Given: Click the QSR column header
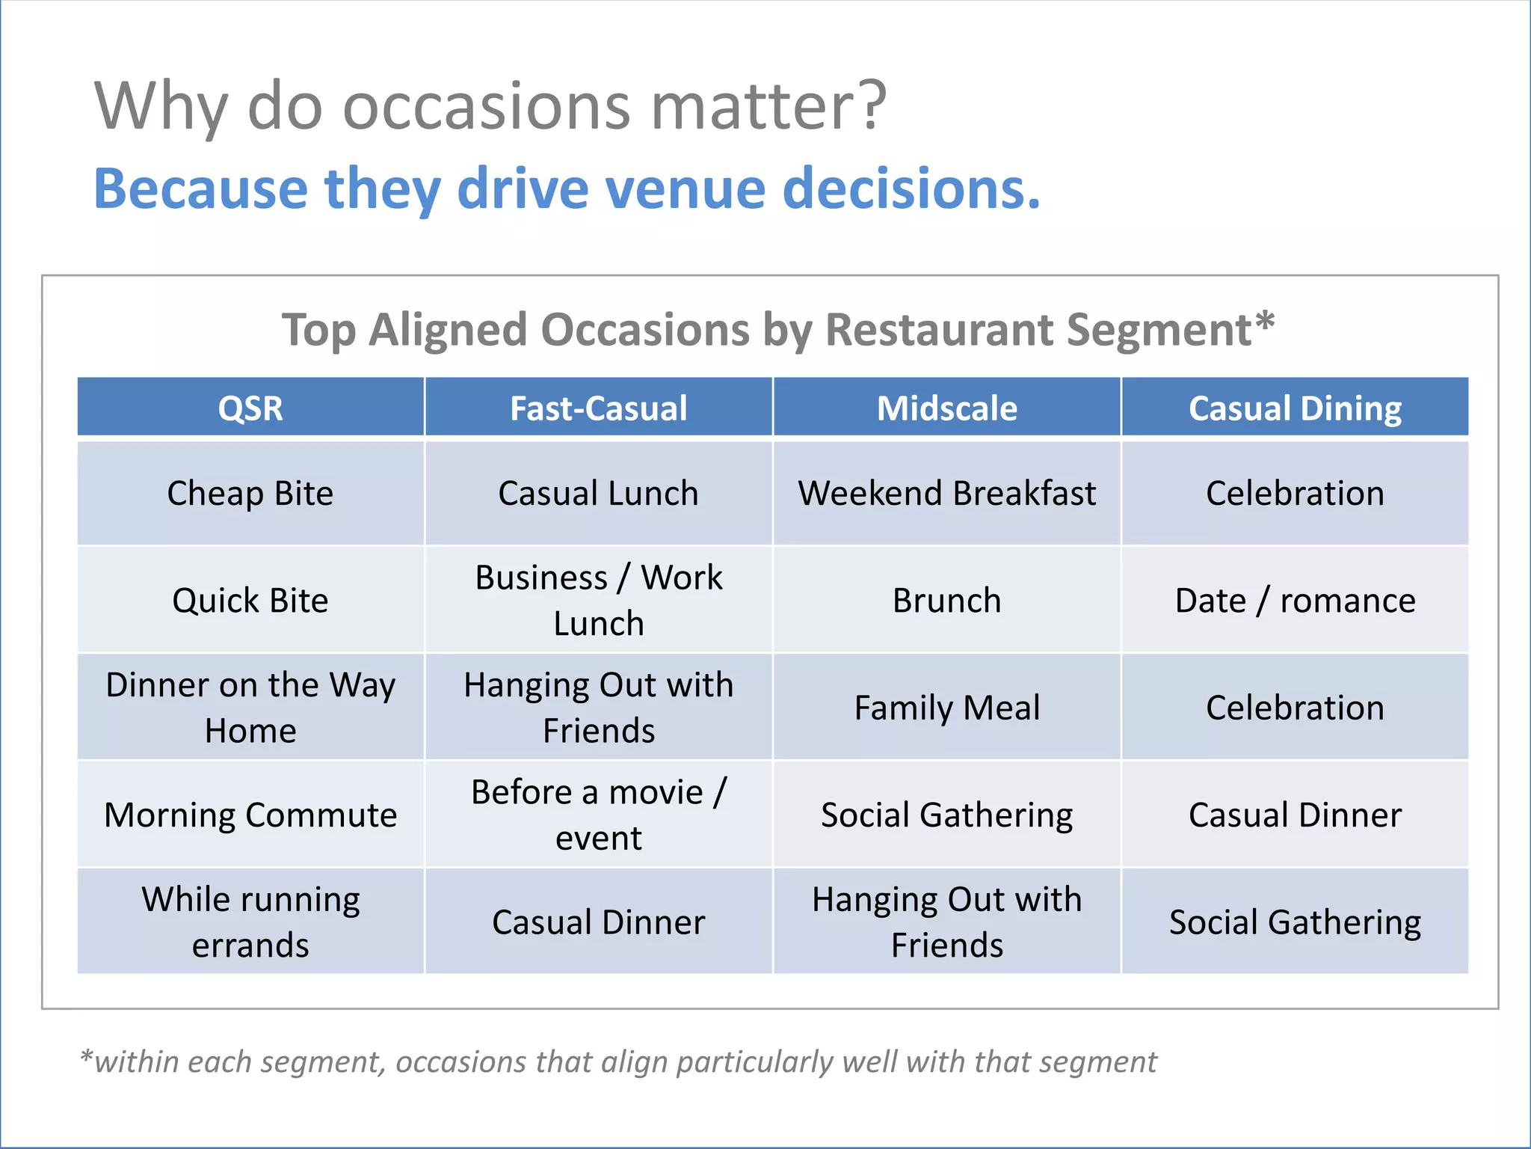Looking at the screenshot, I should point(250,408).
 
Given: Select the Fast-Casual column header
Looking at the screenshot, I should point(598,408).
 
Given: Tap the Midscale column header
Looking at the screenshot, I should point(946,408).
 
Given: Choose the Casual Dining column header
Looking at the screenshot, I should point(1295,408).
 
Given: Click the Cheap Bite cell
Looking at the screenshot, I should point(250,494).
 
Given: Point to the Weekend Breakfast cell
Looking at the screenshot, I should point(946,494).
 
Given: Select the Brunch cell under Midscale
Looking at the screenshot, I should point(946,601).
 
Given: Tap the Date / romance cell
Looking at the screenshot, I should point(1295,601).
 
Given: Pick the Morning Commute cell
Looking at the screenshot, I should point(250,815).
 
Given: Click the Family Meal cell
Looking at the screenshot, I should point(946,708).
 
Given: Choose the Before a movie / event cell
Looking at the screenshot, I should point(598,815).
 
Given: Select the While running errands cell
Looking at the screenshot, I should point(250,922).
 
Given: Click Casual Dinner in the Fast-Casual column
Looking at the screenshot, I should point(598,922).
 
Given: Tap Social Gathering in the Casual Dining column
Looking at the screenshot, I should point(1295,922).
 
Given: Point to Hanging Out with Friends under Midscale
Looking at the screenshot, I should point(946,922).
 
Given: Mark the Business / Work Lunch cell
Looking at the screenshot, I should point(598,601).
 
